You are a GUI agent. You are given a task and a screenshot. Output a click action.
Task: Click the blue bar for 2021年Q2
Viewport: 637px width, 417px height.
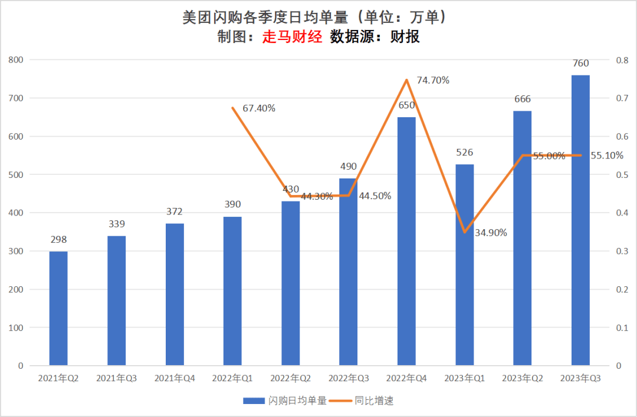58,308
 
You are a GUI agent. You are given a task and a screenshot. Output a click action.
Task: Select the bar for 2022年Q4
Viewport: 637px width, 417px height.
406,241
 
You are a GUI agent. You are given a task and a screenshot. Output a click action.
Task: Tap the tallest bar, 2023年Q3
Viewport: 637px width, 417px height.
580,220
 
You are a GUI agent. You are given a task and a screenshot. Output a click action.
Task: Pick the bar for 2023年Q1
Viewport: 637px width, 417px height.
464,265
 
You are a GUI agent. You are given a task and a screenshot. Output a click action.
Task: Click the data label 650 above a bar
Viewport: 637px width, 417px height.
406,105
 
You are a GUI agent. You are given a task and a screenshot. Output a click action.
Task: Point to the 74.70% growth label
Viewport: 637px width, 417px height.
433,80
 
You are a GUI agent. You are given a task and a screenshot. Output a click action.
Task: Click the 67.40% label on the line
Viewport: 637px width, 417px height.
259,108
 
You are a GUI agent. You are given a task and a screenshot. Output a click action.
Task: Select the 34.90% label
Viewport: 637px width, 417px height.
491,232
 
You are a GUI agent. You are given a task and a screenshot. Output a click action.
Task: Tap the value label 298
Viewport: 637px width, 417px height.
58,239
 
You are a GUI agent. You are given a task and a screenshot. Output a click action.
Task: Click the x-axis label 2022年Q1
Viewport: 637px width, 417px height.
232,378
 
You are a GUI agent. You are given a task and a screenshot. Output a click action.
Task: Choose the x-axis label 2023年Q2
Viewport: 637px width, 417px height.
523,378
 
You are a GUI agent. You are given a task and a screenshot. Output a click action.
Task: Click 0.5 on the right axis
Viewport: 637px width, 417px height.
622,175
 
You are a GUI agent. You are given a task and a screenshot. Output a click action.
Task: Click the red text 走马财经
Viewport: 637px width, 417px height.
292,37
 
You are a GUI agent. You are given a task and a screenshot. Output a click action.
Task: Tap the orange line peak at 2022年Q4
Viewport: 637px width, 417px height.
406,80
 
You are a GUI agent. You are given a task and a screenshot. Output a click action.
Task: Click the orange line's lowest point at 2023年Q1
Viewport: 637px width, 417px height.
464,232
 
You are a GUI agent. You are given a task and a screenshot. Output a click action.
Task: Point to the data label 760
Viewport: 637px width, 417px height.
580,63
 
